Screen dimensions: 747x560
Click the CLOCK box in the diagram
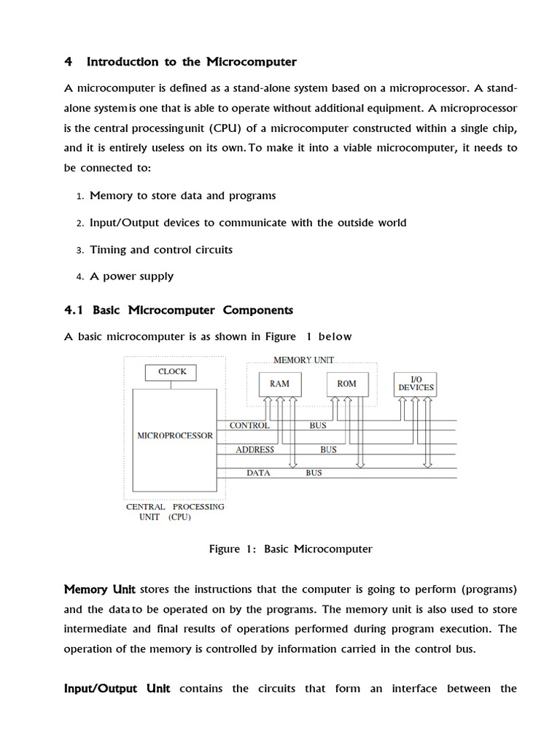click(x=172, y=372)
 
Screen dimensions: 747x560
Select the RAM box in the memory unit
click(x=279, y=384)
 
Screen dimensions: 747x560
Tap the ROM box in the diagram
click(x=346, y=384)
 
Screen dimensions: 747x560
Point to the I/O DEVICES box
click(x=416, y=384)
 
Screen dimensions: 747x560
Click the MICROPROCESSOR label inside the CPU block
click(x=175, y=436)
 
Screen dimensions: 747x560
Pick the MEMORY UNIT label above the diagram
click(x=303, y=360)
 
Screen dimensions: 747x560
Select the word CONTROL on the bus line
click(x=249, y=425)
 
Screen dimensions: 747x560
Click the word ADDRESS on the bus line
click(x=254, y=450)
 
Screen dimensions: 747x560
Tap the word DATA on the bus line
click(x=258, y=473)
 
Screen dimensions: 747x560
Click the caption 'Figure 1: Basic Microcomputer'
click(x=290, y=549)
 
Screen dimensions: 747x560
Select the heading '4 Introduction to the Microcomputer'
click(x=180, y=62)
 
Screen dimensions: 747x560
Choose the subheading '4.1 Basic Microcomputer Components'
click(x=179, y=310)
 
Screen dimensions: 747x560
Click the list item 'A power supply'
click(x=131, y=276)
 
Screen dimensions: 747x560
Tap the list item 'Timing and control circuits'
click(x=161, y=249)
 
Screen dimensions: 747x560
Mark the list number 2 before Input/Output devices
click(x=80, y=223)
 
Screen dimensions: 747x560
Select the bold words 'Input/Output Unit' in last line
click(x=117, y=689)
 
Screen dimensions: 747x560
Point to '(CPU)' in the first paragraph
click(x=225, y=128)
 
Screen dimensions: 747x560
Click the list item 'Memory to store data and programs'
click(x=182, y=196)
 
